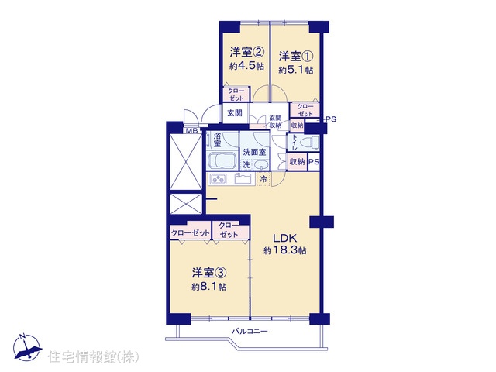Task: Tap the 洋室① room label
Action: [x=296, y=57]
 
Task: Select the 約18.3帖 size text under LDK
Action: [x=285, y=251]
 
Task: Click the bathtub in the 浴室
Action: [x=222, y=160]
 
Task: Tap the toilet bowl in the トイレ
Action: [x=308, y=143]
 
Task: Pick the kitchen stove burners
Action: [x=218, y=179]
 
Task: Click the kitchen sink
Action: [x=243, y=179]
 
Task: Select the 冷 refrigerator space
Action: [x=263, y=179]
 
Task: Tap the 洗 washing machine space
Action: [x=246, y=164]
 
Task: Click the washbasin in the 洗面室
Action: [x=260, y=164]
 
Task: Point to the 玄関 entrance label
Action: [x=235, y=113]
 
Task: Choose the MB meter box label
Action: [x=191, y=130]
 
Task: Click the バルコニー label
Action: [x=250, y=332]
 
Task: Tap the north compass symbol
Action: [x=27, y=346]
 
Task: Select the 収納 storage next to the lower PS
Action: [x=297, y=162]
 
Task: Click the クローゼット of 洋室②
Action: [x=236, y=95]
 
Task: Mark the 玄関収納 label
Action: [x=275, y=122]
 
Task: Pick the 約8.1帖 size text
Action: [x=208, y=287]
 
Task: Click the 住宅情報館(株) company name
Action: [x=94, y=357]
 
